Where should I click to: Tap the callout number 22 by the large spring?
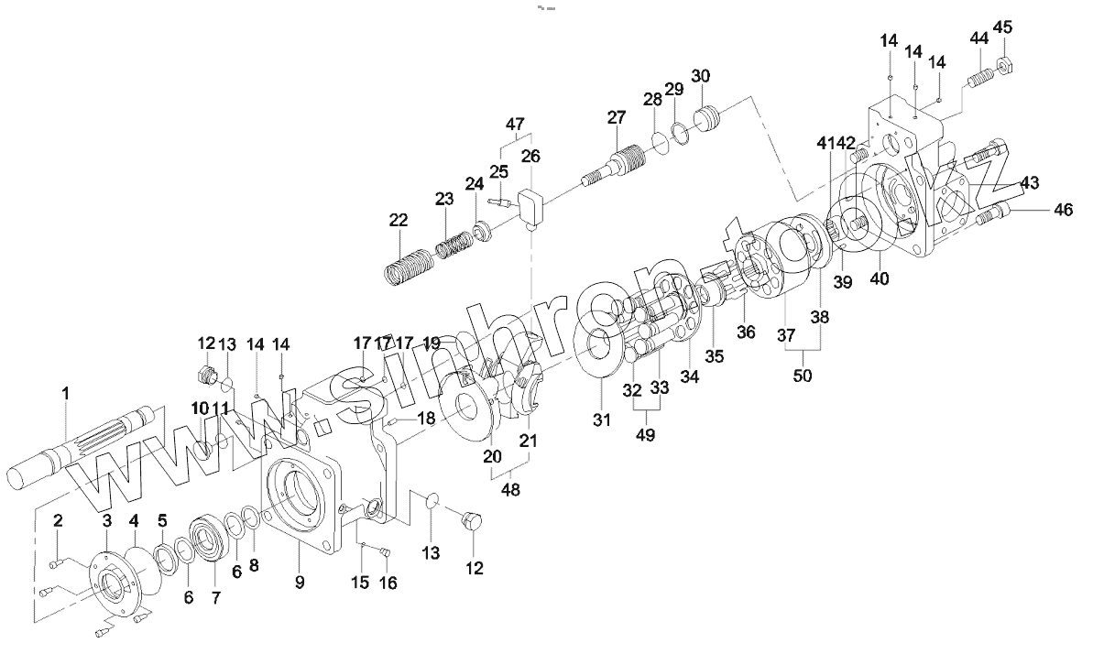click(398, 221)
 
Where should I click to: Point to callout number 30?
click(701, 75)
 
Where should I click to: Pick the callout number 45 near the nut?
click(1003, 27)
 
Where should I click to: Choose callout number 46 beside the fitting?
click(1062, 210)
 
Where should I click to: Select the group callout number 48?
click(510, 489)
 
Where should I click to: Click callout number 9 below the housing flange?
click(300, 581)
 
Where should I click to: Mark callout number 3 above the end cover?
click(106, 520)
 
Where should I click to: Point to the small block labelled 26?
click(531, 206)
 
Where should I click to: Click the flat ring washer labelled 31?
click(602, 353)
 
